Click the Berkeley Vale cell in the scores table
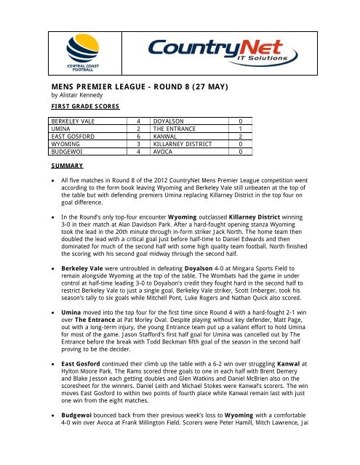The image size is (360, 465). tap(72, 120)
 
